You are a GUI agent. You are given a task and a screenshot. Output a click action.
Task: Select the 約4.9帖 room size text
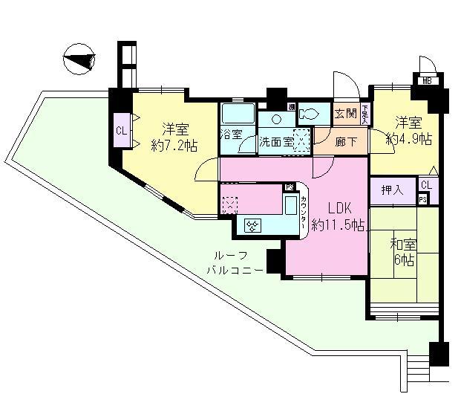(410, 138)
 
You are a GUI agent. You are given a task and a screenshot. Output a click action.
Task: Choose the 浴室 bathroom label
(232, 135)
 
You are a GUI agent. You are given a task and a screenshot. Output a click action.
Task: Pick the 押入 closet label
(392, 190)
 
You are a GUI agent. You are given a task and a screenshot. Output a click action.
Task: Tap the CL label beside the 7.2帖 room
(120, 132)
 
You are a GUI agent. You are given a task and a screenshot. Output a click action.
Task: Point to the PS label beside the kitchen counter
(290, 187)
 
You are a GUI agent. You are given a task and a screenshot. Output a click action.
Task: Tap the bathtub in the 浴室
(237, 116)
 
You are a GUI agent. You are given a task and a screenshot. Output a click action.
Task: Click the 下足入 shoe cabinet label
(364, 114)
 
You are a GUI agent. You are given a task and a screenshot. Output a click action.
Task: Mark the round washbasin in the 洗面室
(275, 118)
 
